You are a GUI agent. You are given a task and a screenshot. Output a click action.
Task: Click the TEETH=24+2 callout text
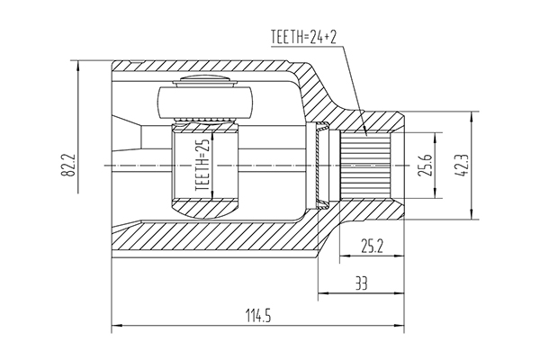(x=303, y=37)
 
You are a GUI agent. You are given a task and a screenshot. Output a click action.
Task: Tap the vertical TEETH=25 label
(x=202, y=166)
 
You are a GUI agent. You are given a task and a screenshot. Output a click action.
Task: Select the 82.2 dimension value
(x=68, y=165)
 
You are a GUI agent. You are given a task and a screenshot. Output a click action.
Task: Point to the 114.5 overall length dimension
(x=258, y=316)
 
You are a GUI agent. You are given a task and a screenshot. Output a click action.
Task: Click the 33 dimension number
(x=361, y=283)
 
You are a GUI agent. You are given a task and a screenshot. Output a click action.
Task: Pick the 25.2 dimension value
(x=372, y=246)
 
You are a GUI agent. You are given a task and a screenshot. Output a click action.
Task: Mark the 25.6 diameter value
(x=426, y=166)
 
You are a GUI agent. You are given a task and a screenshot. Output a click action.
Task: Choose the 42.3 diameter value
(x=462, y=166)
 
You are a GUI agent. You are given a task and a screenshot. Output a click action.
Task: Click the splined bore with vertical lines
(x=365, y=166)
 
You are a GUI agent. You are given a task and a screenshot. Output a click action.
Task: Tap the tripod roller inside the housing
(x=205, y=103)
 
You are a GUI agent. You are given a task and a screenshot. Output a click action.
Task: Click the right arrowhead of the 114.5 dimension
(x=399, y=325)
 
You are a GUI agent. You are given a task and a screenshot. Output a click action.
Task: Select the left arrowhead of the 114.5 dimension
(x=117, y=325)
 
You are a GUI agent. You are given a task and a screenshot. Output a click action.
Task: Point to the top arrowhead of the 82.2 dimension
(x=78, y=67)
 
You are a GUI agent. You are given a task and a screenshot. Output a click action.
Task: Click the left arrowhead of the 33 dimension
(x=324, y=293)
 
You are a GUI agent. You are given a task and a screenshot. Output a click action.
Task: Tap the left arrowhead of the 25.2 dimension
(x=346, y=256)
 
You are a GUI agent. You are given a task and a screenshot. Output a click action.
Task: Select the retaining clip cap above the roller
(x=205, y=81)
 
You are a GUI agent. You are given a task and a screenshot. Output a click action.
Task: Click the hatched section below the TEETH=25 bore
(x=205, y=209)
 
